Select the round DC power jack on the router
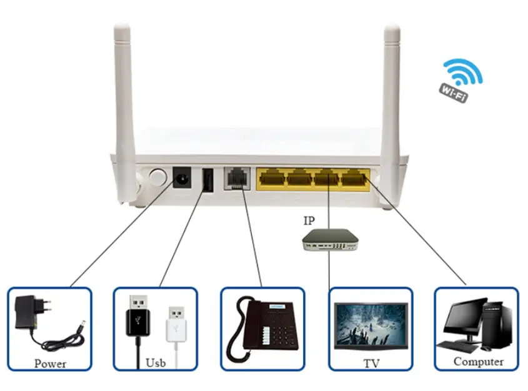(x=182, y=177)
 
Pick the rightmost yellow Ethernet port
(x=354, y=177)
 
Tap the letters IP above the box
(x=310, y=220)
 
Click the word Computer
(x=478, y=362)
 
